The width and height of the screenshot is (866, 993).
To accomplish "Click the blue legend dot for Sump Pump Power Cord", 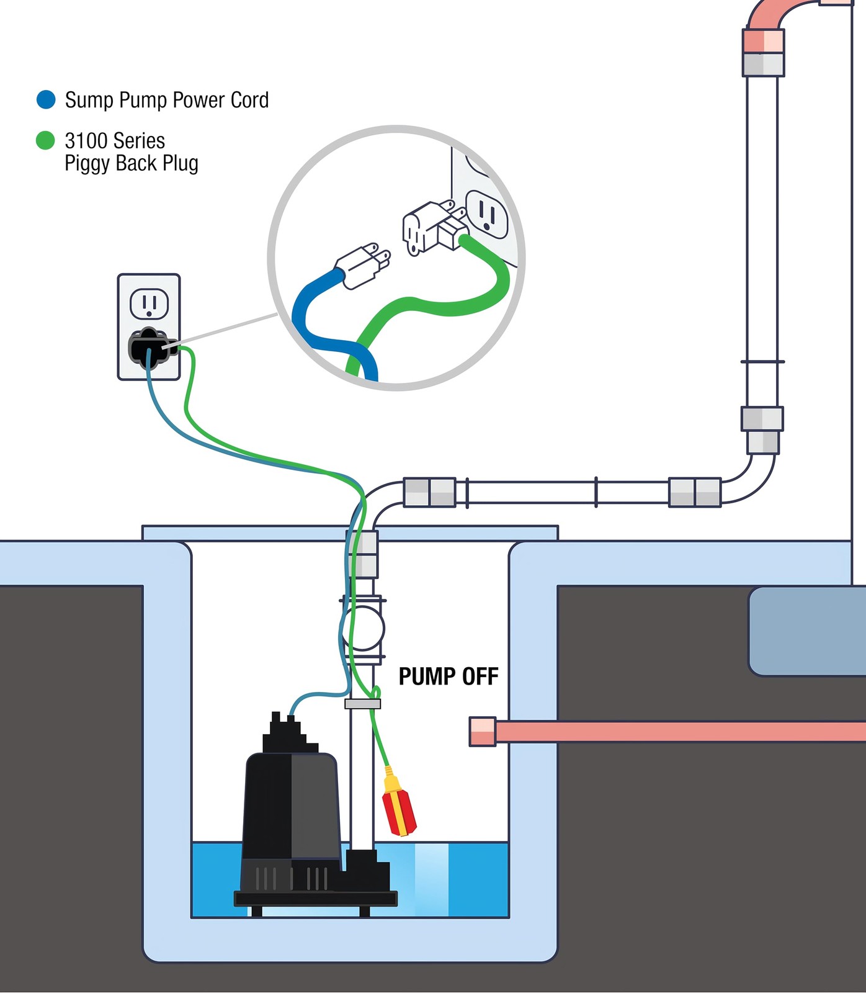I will [x=46, y=100].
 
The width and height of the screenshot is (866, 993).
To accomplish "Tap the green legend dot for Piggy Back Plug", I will [x=45, y=140].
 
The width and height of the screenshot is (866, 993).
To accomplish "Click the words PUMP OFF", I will [x=448, y=676].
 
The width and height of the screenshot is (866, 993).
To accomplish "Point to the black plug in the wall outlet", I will [x=149, y=348].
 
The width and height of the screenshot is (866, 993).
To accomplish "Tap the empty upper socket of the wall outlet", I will [x=149, y=303].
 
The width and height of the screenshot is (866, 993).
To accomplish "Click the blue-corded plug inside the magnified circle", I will [x=363, y=266].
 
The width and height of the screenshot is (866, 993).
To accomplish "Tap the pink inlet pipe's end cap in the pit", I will [x=482, y=731].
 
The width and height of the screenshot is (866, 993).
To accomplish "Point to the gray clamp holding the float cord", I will [x=362, y=704].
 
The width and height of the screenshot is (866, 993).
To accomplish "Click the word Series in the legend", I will [x=140, y=141].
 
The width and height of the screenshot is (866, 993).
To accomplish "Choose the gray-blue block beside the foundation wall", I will [x=806, y=631].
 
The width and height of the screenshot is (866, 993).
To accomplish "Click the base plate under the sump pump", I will [x=315, y=899].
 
